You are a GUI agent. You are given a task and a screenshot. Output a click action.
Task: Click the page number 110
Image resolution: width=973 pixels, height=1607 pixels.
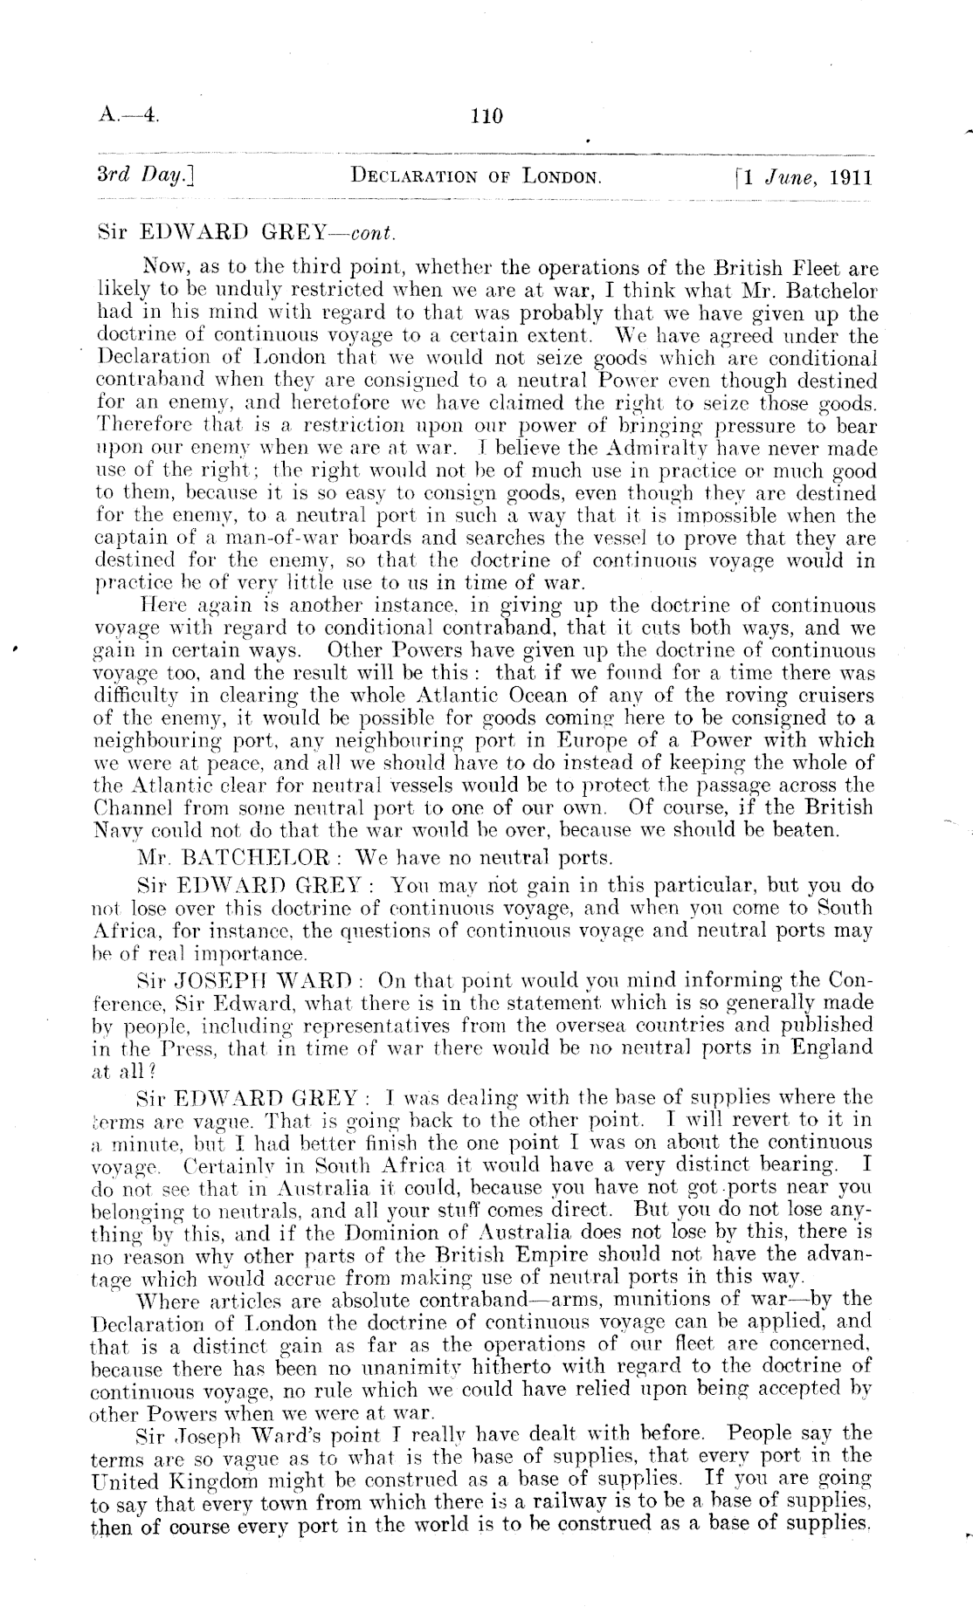point(486,116)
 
